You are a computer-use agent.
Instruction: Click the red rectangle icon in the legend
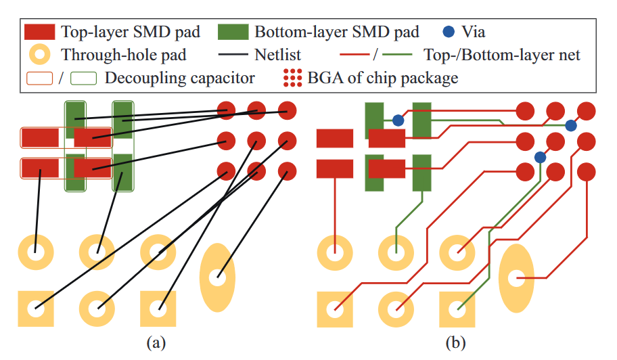(x=39, y=32)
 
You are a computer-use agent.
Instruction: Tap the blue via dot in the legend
(x=448, y=31)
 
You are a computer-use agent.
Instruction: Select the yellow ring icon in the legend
(x=40, y=54)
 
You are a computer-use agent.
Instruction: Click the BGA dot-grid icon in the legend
(x=292, y=78)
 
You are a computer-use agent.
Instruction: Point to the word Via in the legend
(x=473, y=31)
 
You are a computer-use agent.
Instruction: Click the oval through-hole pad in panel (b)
(x=517, y=277)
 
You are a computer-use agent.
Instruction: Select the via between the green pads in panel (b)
(x=398, y=120)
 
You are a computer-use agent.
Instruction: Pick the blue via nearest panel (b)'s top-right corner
(x=571, y=125)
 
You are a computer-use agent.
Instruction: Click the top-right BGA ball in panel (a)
(x=288, y=110)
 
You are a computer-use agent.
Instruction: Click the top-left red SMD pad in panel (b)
(x=335, y=139)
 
